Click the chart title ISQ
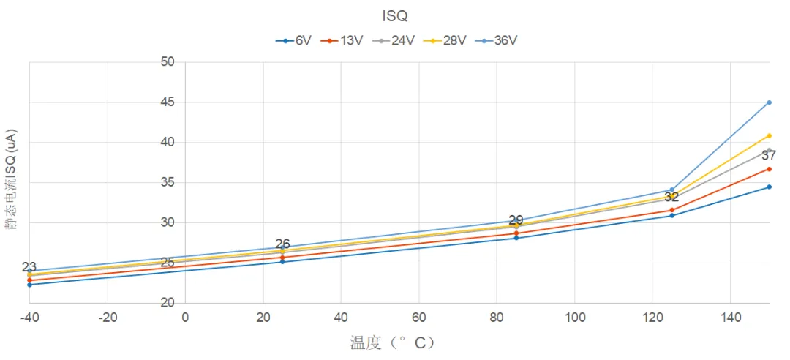[394, 15]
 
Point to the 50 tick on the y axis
[167, 62]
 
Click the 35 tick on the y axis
[167, 183]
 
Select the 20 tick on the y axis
[167, 303]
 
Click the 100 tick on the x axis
[574, 318]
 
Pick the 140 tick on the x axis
[730, 318]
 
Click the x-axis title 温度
[393, 342]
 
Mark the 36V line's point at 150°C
[769, 102]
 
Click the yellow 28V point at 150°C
[769, 135]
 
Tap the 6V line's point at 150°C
[769, 187]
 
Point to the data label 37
[769, 155]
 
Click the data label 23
[29, 268]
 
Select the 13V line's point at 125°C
[671, 210]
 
